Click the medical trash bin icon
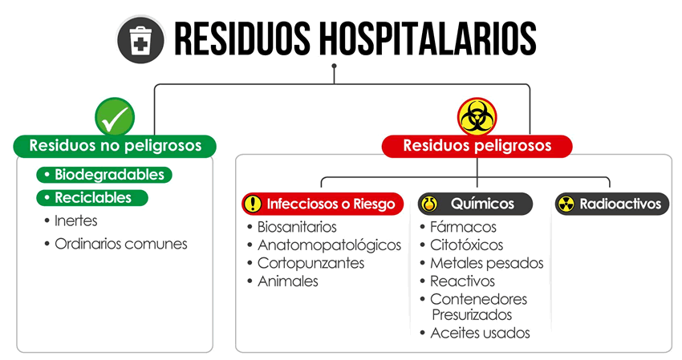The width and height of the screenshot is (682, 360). click(x=140, y=39)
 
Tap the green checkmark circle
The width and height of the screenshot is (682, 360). click(x=115, y=117)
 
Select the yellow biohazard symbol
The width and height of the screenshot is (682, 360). click(x=477, y=117)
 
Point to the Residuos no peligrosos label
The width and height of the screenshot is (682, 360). click(x=115, y=146)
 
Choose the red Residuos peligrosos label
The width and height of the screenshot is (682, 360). click(x=477, y=146)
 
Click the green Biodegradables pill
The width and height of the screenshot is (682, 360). click(x=104, y=175)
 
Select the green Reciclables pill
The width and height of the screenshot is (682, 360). click(x=92, y=198)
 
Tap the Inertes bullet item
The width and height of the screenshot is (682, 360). click(x=71, y=220)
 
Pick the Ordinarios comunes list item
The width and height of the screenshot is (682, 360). click(x=116, y=244)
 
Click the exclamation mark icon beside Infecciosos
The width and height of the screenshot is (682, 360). click(x=252, y=204)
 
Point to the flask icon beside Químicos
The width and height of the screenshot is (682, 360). click(x=429, y=204)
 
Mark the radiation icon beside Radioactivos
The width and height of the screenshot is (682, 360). click(x=566, y=204)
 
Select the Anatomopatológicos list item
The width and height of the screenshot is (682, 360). click(x=324, y=245)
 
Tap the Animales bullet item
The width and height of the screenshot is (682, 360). click(x=282, y=281)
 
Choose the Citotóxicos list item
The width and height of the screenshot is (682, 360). click(x=461, y=245)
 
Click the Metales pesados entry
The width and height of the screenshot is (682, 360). click(x=482, y=264)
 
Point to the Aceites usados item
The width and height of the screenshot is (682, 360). click(x=475, y=333)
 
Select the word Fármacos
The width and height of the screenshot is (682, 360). click(x=463, y=227)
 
